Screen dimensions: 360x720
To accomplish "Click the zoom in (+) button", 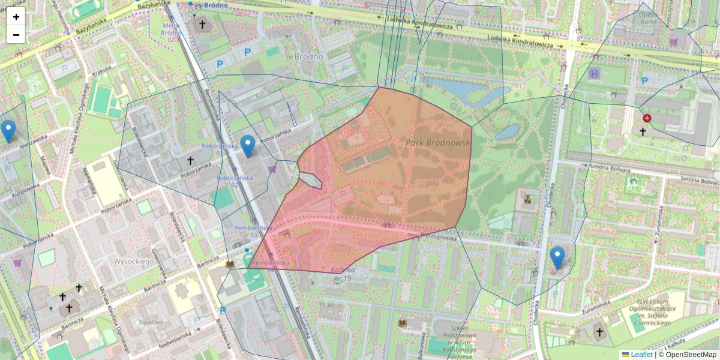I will click(x=16, y=17).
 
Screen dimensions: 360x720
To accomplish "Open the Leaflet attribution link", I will click(x=641, y=355).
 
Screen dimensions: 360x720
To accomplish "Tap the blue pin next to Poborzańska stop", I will click(x=247, y=145).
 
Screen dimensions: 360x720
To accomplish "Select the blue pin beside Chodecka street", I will click(x=557, y=257).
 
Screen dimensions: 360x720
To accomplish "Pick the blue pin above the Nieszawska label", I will click(x=8, y=130).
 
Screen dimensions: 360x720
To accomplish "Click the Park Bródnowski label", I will click(x=436, y=143).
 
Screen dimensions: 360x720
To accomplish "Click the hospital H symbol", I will click(x=594, y=74).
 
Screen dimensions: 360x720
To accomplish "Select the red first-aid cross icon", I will click(x=647, y=118).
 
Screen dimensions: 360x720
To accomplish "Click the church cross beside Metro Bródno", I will click(x=202, y=25).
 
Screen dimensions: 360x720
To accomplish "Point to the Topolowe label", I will click(x=150, y=322).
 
